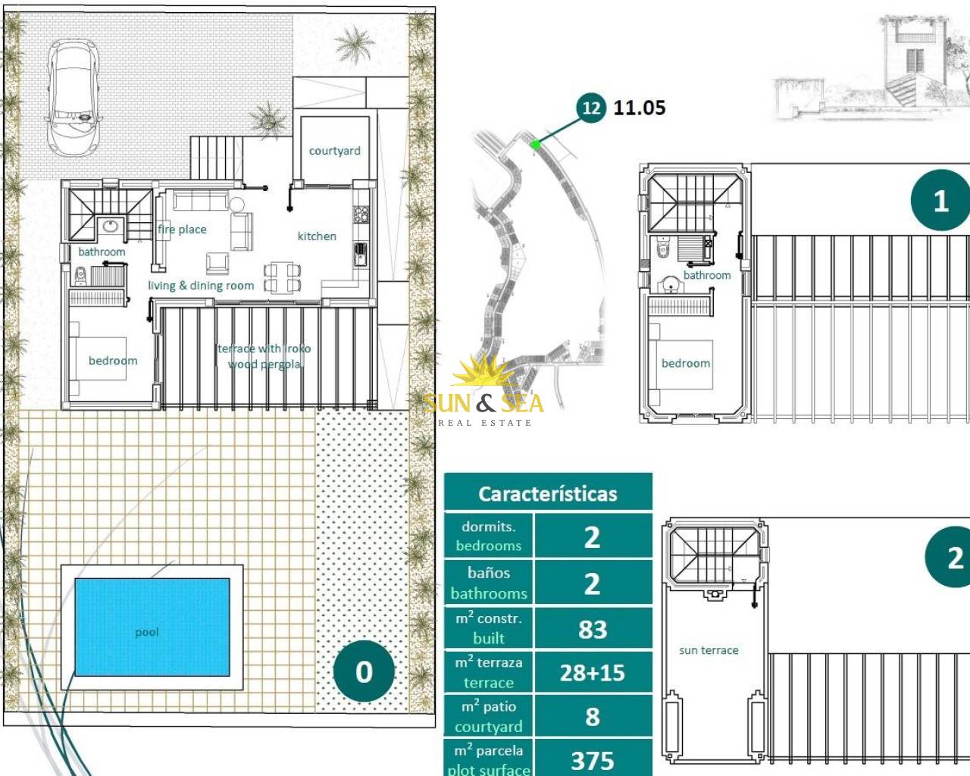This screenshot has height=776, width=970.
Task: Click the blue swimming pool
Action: [x=152, y=627]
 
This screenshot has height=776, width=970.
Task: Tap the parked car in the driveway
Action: [x=74, y=98]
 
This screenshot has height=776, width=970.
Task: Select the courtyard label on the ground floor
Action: [x=335, y=151]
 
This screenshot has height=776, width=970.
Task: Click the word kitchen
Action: [x=317, y=236]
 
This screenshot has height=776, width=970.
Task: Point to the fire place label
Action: [x=182, y=230]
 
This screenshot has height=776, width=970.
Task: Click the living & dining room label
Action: [x=201, y=286]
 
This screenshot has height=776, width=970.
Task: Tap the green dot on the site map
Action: [x=536, y=145]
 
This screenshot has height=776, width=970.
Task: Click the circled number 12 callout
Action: [x=591, y=108]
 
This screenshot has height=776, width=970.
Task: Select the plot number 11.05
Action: [x=640, y=108]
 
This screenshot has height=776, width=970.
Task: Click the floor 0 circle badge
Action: [x=364, y=671]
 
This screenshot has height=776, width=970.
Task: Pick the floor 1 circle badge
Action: [x=940, y=200]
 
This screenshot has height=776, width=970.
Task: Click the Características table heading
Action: [x=548, y=494]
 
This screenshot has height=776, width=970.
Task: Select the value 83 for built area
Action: [x=593, y=629]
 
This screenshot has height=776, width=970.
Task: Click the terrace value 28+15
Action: [x=593, y=673]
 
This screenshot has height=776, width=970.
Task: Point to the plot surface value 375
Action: [x=593, y=761]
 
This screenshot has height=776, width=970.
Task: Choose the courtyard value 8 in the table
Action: [x=593, y=716]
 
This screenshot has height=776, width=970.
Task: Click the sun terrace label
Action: [x=709, y=650]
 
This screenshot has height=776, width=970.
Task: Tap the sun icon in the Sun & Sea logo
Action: [x=481, y=371]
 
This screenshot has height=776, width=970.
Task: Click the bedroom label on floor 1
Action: [x=686, y=363]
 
